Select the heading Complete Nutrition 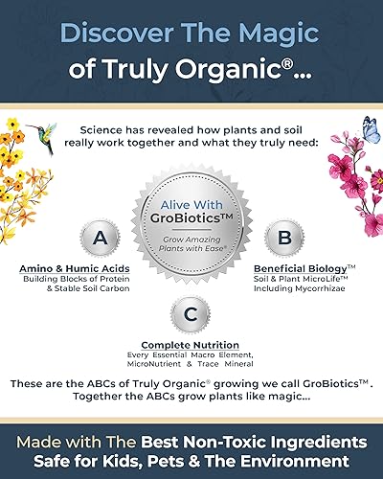191,345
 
